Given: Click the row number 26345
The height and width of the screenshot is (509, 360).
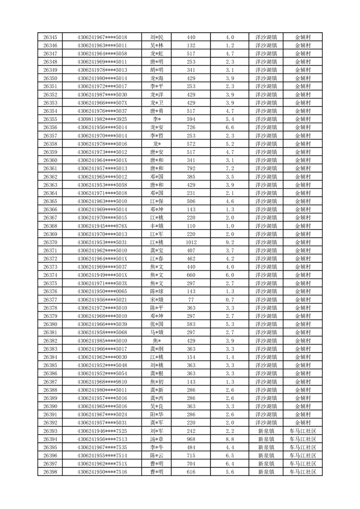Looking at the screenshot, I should coord(50,37).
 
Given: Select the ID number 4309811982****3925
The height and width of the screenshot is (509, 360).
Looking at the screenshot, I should coord(102,119).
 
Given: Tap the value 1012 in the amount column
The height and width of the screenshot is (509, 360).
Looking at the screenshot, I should coord(191,242).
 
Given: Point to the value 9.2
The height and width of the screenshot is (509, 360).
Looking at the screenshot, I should coord(229,242).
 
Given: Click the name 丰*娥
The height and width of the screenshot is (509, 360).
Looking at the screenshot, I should coord(157,226).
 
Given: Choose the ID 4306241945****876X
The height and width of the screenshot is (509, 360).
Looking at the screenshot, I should coord(102,226).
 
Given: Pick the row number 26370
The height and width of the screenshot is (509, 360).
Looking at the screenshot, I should coord(50,242).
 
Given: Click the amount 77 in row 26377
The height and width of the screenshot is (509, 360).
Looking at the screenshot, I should coord(191,300).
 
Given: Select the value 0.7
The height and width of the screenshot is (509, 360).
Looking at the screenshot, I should coord(229,300).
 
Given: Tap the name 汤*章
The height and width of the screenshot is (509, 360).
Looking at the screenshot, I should coord(157,439).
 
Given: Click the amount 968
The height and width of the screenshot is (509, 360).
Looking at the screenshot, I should coord(191,439).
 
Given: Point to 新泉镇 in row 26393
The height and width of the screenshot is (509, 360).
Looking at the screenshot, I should coord(266,431).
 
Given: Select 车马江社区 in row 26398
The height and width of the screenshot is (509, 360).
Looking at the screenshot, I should coord(303,472).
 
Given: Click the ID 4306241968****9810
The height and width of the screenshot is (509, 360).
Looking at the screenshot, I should coord(102,382).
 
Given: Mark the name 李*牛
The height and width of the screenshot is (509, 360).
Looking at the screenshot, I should coord(157,447).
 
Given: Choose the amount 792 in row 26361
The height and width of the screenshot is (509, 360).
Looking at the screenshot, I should coord(191,168).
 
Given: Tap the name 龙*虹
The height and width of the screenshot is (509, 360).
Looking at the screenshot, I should coord(157,54).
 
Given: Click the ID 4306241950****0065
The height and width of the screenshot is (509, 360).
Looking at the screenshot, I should coord(102,292).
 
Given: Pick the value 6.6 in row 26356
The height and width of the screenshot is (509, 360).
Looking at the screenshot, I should coord(229,127).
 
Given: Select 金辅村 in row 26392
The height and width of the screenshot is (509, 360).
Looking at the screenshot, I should coord(303,423).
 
